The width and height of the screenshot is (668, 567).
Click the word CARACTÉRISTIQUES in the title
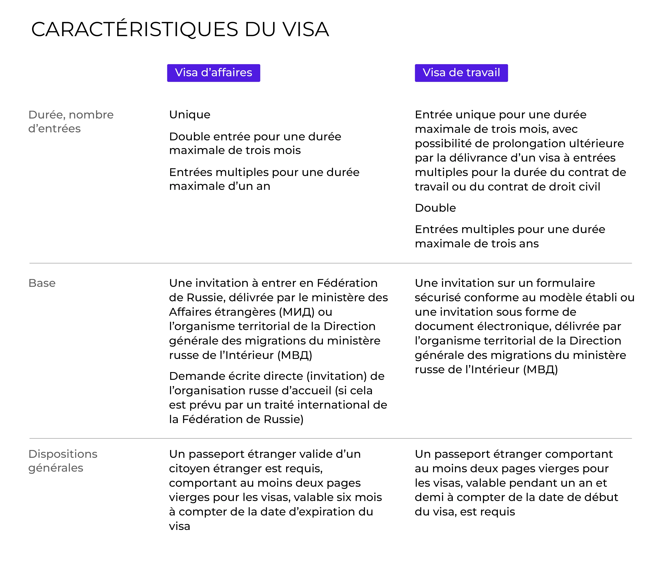click(x=135, y=30)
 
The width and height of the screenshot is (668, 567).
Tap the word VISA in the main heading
click(x=306, y=30)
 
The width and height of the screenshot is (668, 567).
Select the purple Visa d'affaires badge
click(x=213, y=73)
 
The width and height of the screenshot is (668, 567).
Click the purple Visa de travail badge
click(x=461, y=73)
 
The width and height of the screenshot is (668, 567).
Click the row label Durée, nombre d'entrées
click(x=71, y=121)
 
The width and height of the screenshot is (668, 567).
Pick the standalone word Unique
click(x=190, y=115)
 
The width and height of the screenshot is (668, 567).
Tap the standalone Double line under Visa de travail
click(x=435, y=208)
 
